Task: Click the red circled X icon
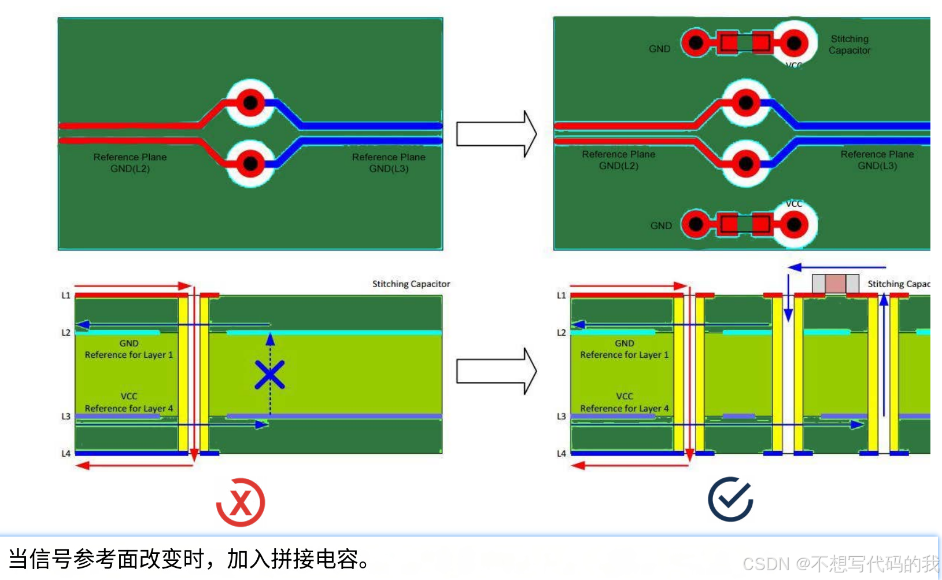pos(241,502)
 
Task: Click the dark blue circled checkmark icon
pos(730,499)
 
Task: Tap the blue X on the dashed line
pos(269,375)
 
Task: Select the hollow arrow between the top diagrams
pos(496,134)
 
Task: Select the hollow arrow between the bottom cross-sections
pos(496,371)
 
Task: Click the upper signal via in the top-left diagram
pos(250,103)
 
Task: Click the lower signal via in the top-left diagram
pos(250,164)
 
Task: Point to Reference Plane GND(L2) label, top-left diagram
pos(130,163)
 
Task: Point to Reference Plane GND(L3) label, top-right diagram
pos(877,160)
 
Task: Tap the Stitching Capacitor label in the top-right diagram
pos(849,45)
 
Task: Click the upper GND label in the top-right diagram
pos(659,49)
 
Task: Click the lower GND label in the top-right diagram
pos(661,226)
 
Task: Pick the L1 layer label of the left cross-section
pos(66,295)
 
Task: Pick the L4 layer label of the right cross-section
pos(561,453)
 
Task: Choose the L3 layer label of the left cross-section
pos(66,416)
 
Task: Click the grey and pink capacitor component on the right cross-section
pos(835,284)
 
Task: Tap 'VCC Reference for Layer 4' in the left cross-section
pos(129,402)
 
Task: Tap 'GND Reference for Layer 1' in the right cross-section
pos(625,349)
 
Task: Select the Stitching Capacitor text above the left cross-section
pos(411,284)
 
